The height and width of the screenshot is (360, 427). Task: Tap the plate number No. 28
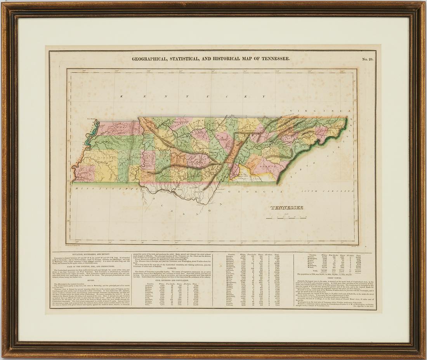367,59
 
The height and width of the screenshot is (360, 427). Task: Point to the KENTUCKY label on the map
182,96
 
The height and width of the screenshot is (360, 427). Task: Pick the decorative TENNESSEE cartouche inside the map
287,207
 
